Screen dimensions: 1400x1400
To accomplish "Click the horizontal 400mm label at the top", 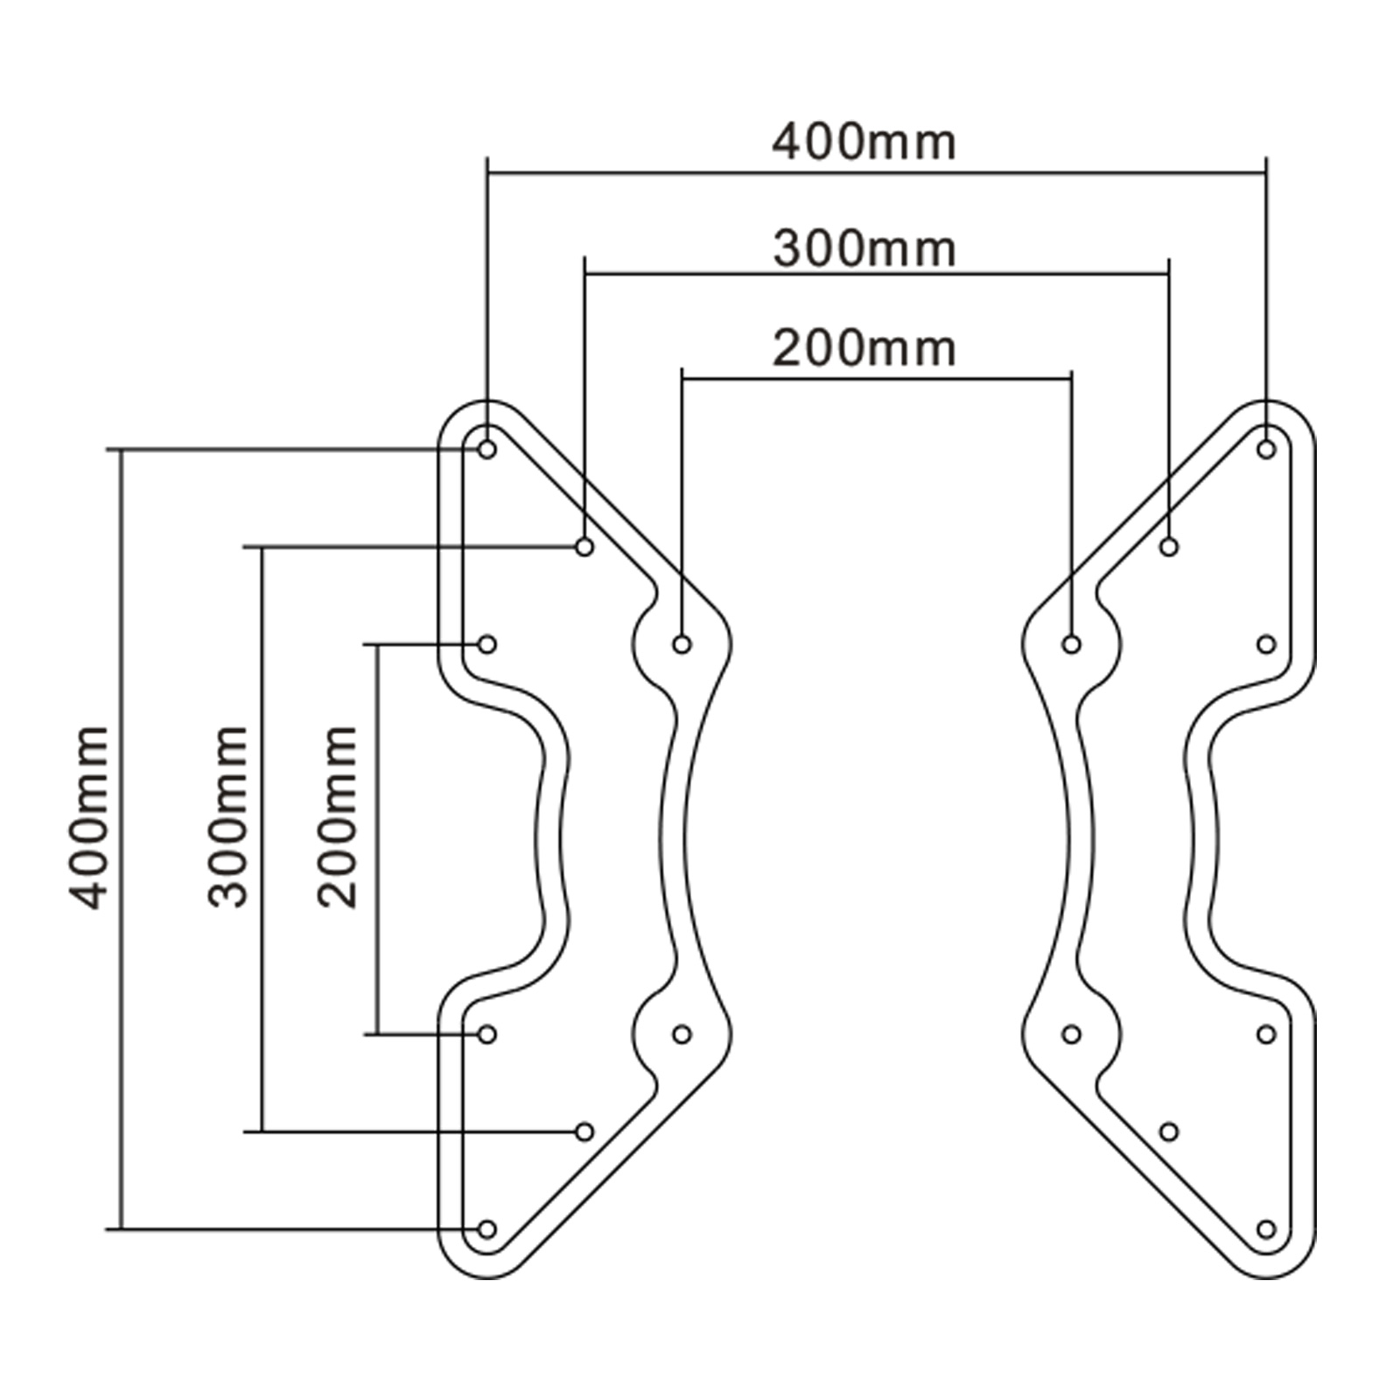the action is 864,143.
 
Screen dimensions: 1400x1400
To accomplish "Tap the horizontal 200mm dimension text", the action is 864,348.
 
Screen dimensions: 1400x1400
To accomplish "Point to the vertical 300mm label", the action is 228,817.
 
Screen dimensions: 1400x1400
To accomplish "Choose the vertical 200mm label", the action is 338,817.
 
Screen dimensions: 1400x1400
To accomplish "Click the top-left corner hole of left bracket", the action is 487,450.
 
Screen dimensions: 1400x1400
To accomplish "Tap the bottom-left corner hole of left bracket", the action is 487,1229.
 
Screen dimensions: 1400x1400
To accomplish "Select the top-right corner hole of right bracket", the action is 1266,450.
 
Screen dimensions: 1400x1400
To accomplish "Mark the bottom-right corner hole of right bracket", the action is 1266,1229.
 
